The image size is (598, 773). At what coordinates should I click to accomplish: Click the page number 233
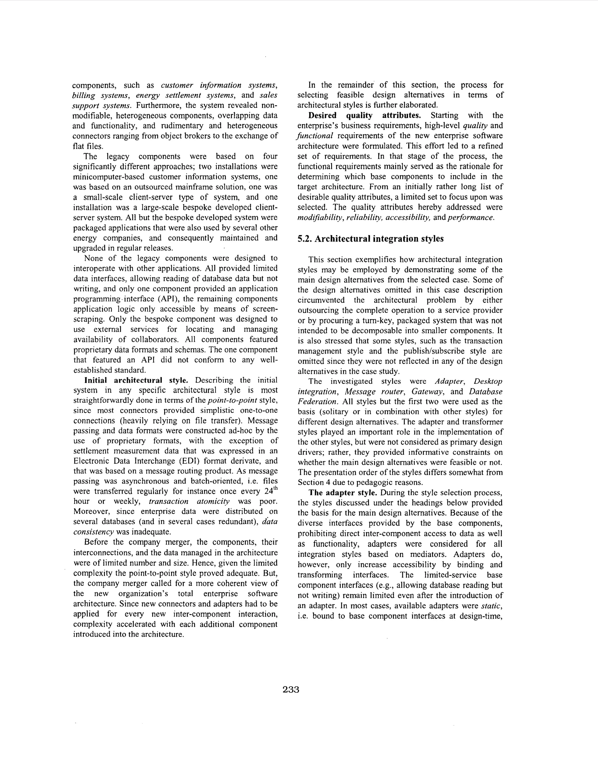[x=291, y=689]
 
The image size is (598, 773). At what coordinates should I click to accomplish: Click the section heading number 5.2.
[x=304, y=239]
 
